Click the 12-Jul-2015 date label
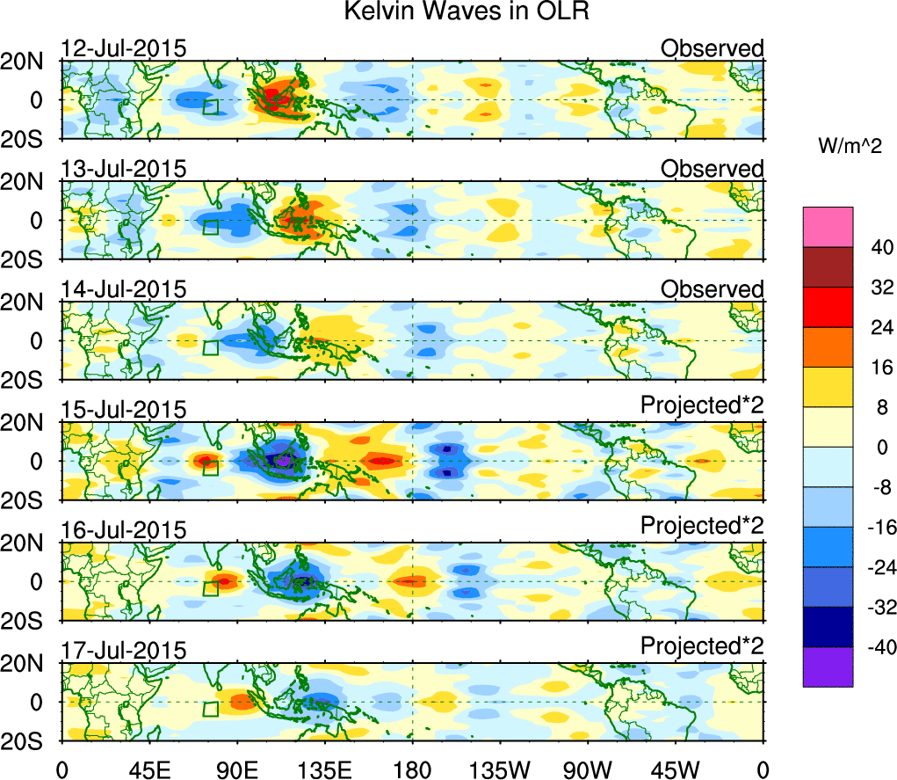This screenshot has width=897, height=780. click(x=124, y=48)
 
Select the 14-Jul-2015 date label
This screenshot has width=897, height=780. click(x=124, y=289)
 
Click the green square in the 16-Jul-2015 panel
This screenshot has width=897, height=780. click(x=210, y=588)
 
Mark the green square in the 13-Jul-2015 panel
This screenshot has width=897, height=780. click(x=210, y=227)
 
